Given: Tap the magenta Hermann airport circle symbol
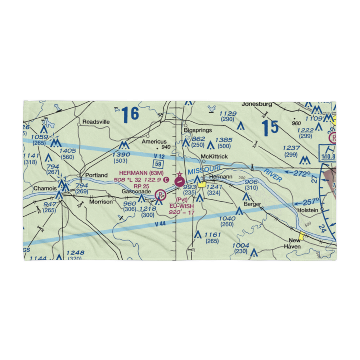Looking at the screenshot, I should click(179, 182).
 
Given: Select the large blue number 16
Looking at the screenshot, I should click(130, 114).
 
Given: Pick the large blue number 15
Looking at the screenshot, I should click(270, 128).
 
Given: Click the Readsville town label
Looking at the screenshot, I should click(96, 122).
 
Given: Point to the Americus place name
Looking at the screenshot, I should click(154, 141).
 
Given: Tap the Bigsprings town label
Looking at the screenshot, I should click(198, 130).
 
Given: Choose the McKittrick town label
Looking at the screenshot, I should click(215, 157).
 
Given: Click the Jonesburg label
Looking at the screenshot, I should click(257, 104).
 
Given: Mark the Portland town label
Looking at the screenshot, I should click(96, 175).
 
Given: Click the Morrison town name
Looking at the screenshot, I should click(101, 202).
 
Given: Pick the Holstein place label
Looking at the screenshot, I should click(307, 210).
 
